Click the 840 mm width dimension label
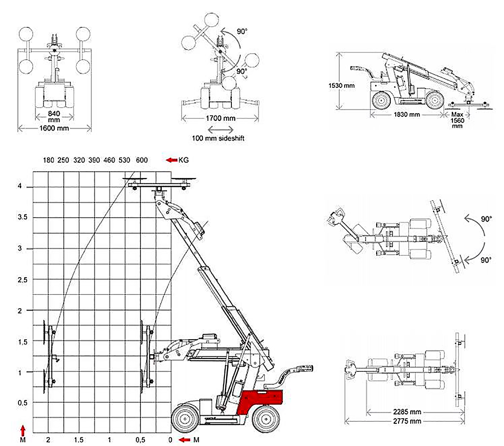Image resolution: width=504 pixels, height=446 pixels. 54,116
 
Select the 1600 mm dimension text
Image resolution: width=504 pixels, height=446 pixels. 54,128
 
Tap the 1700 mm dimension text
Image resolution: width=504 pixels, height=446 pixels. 220,118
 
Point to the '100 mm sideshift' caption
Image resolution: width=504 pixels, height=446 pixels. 218,138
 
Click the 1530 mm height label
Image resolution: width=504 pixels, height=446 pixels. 341,85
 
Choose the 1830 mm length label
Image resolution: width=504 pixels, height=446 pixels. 407,114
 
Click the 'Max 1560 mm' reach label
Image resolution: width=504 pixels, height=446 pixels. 457,120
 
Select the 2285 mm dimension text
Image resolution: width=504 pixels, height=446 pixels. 407,412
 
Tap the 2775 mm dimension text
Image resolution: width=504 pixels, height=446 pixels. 407,421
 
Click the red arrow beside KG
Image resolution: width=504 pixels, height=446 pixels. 171,160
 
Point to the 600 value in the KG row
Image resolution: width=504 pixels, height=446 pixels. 142,160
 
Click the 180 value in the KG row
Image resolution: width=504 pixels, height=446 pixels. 49,160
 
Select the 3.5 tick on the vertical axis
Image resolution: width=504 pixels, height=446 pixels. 23,217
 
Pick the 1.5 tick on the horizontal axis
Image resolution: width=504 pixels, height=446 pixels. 79,439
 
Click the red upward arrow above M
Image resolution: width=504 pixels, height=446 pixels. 23,429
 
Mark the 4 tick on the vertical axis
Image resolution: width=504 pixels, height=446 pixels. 25,187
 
